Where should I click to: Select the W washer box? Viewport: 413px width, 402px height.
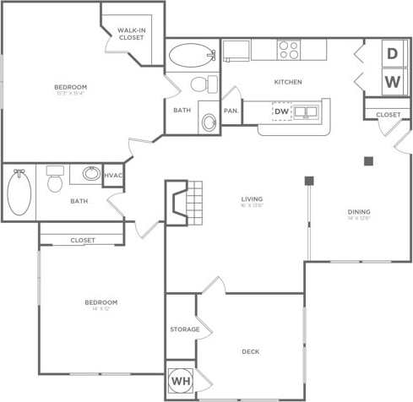coord(392,82)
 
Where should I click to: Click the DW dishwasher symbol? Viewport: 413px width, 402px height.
coord(281,111)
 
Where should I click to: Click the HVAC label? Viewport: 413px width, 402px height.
coord(113,175)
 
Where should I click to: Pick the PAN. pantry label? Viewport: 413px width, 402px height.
coord(231,111)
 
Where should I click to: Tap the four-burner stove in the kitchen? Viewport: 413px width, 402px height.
coord(289,50)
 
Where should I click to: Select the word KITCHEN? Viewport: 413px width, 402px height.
coord(287,82)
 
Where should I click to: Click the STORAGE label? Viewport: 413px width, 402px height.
coord(184,329)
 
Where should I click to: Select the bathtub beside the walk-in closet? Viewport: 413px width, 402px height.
coord(192,56)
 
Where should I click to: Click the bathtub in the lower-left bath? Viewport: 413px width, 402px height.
coord(19,193)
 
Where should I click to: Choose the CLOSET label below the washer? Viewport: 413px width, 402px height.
coord(388,114)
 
